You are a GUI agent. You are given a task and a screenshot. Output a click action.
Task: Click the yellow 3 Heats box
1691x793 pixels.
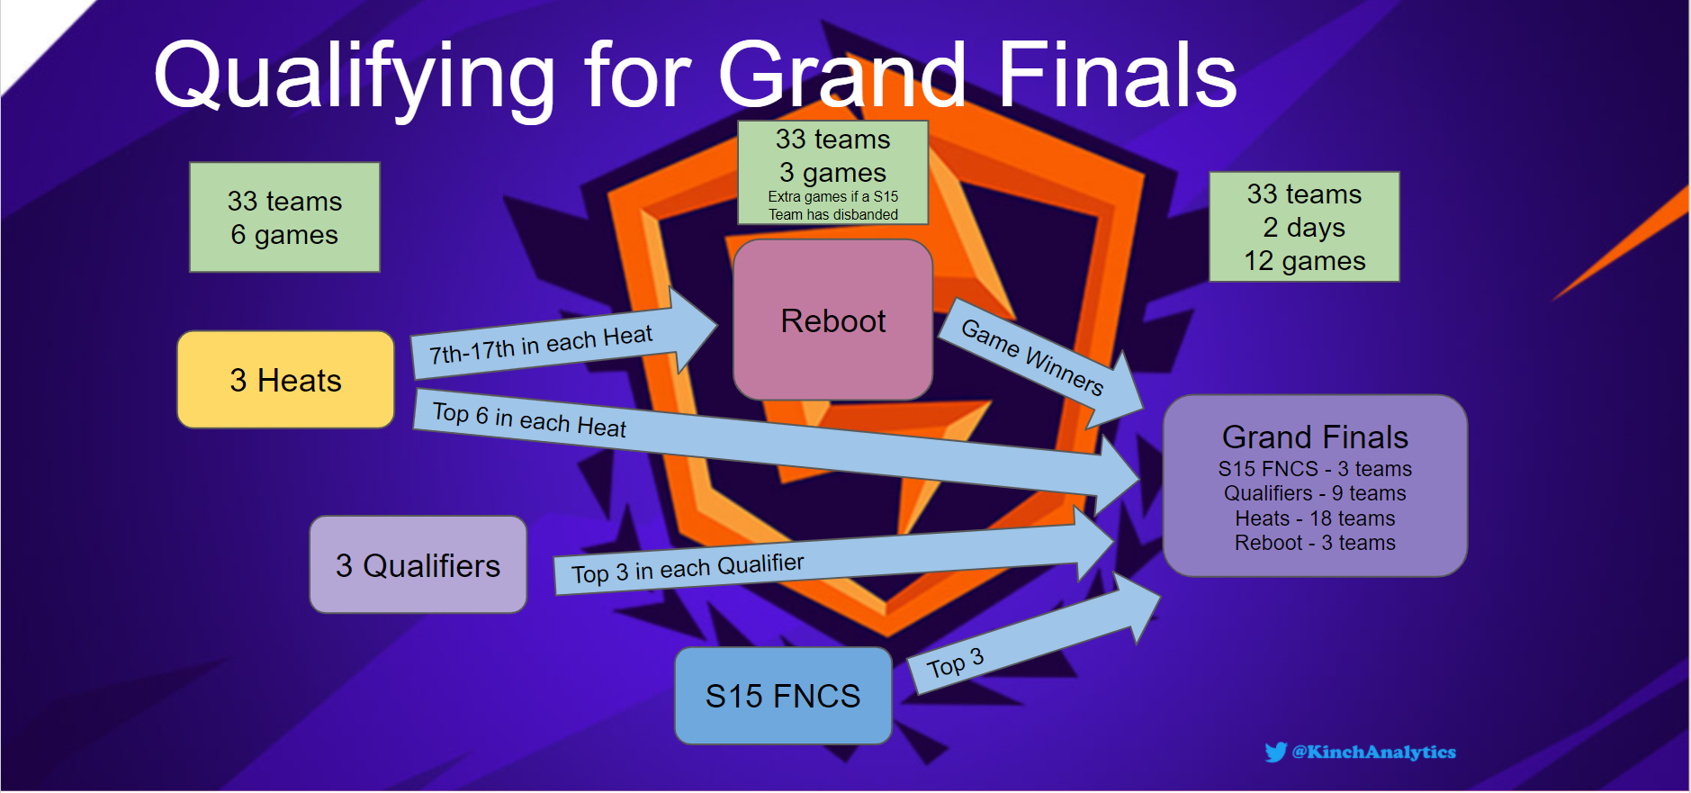(285, 380)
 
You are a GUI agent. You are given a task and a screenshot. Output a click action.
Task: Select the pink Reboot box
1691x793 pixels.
(832, 320)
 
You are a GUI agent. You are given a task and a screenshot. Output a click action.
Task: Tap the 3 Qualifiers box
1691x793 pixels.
(418, 565)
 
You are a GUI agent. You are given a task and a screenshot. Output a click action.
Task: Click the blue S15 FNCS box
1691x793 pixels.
(783, 696)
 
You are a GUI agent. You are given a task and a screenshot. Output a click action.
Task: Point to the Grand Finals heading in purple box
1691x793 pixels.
(1314, 437)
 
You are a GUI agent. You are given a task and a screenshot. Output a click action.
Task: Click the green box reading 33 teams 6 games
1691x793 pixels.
(284, 217)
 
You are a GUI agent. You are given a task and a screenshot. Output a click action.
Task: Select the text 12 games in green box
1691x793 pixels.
(1304, 261)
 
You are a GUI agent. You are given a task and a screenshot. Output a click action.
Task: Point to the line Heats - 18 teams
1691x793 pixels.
(1314, 518)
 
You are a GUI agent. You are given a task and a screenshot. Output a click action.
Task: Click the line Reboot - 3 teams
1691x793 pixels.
(1314, 543)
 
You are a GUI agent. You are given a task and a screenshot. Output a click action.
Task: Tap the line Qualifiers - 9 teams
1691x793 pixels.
(1314, 493)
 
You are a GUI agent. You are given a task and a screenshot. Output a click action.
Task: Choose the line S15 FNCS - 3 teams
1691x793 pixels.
(1314, 469)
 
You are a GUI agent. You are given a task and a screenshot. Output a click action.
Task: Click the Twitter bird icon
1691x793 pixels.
(1275, 752)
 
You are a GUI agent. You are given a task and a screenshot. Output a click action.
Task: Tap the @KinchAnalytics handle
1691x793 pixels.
(1373, 752)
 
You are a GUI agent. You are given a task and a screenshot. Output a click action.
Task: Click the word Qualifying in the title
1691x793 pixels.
(354, 77)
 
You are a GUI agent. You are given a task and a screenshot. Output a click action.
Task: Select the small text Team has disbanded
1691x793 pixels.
(832, 214)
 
